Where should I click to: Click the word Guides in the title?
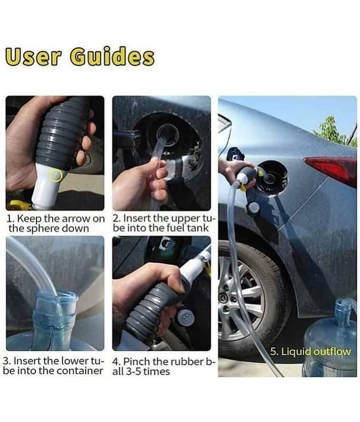coord(112,56)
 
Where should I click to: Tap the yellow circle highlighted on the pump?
coord(56,176)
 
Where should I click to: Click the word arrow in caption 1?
coord(76,218)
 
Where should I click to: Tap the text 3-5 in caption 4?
coord(132,372)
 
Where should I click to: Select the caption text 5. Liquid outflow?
coord(310,351)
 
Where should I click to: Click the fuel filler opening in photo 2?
coord(168,133)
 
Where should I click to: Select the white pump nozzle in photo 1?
coord(46,187)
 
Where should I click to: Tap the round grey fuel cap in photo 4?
coord(186,318)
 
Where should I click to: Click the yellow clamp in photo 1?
coord(18,205)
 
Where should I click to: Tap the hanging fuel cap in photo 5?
coord(254,207)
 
